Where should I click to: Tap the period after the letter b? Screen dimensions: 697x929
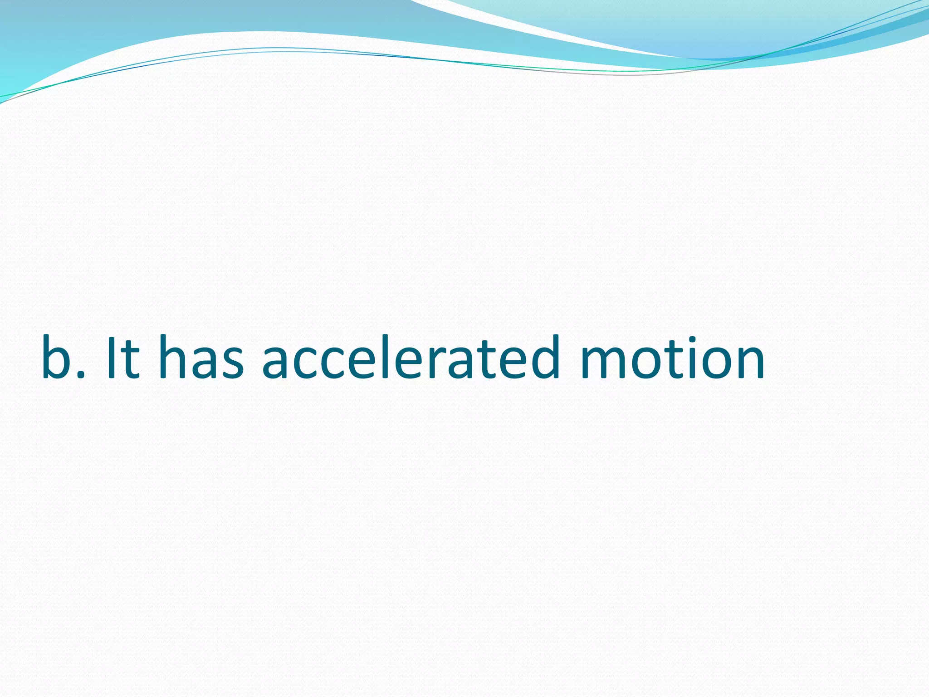pos(82,373)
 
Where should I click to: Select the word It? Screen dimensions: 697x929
pos(122,358)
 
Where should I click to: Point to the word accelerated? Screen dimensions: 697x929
pos(411,358)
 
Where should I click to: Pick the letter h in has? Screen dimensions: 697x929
pos(174,358)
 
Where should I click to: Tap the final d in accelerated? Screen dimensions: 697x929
pos(543,358)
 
